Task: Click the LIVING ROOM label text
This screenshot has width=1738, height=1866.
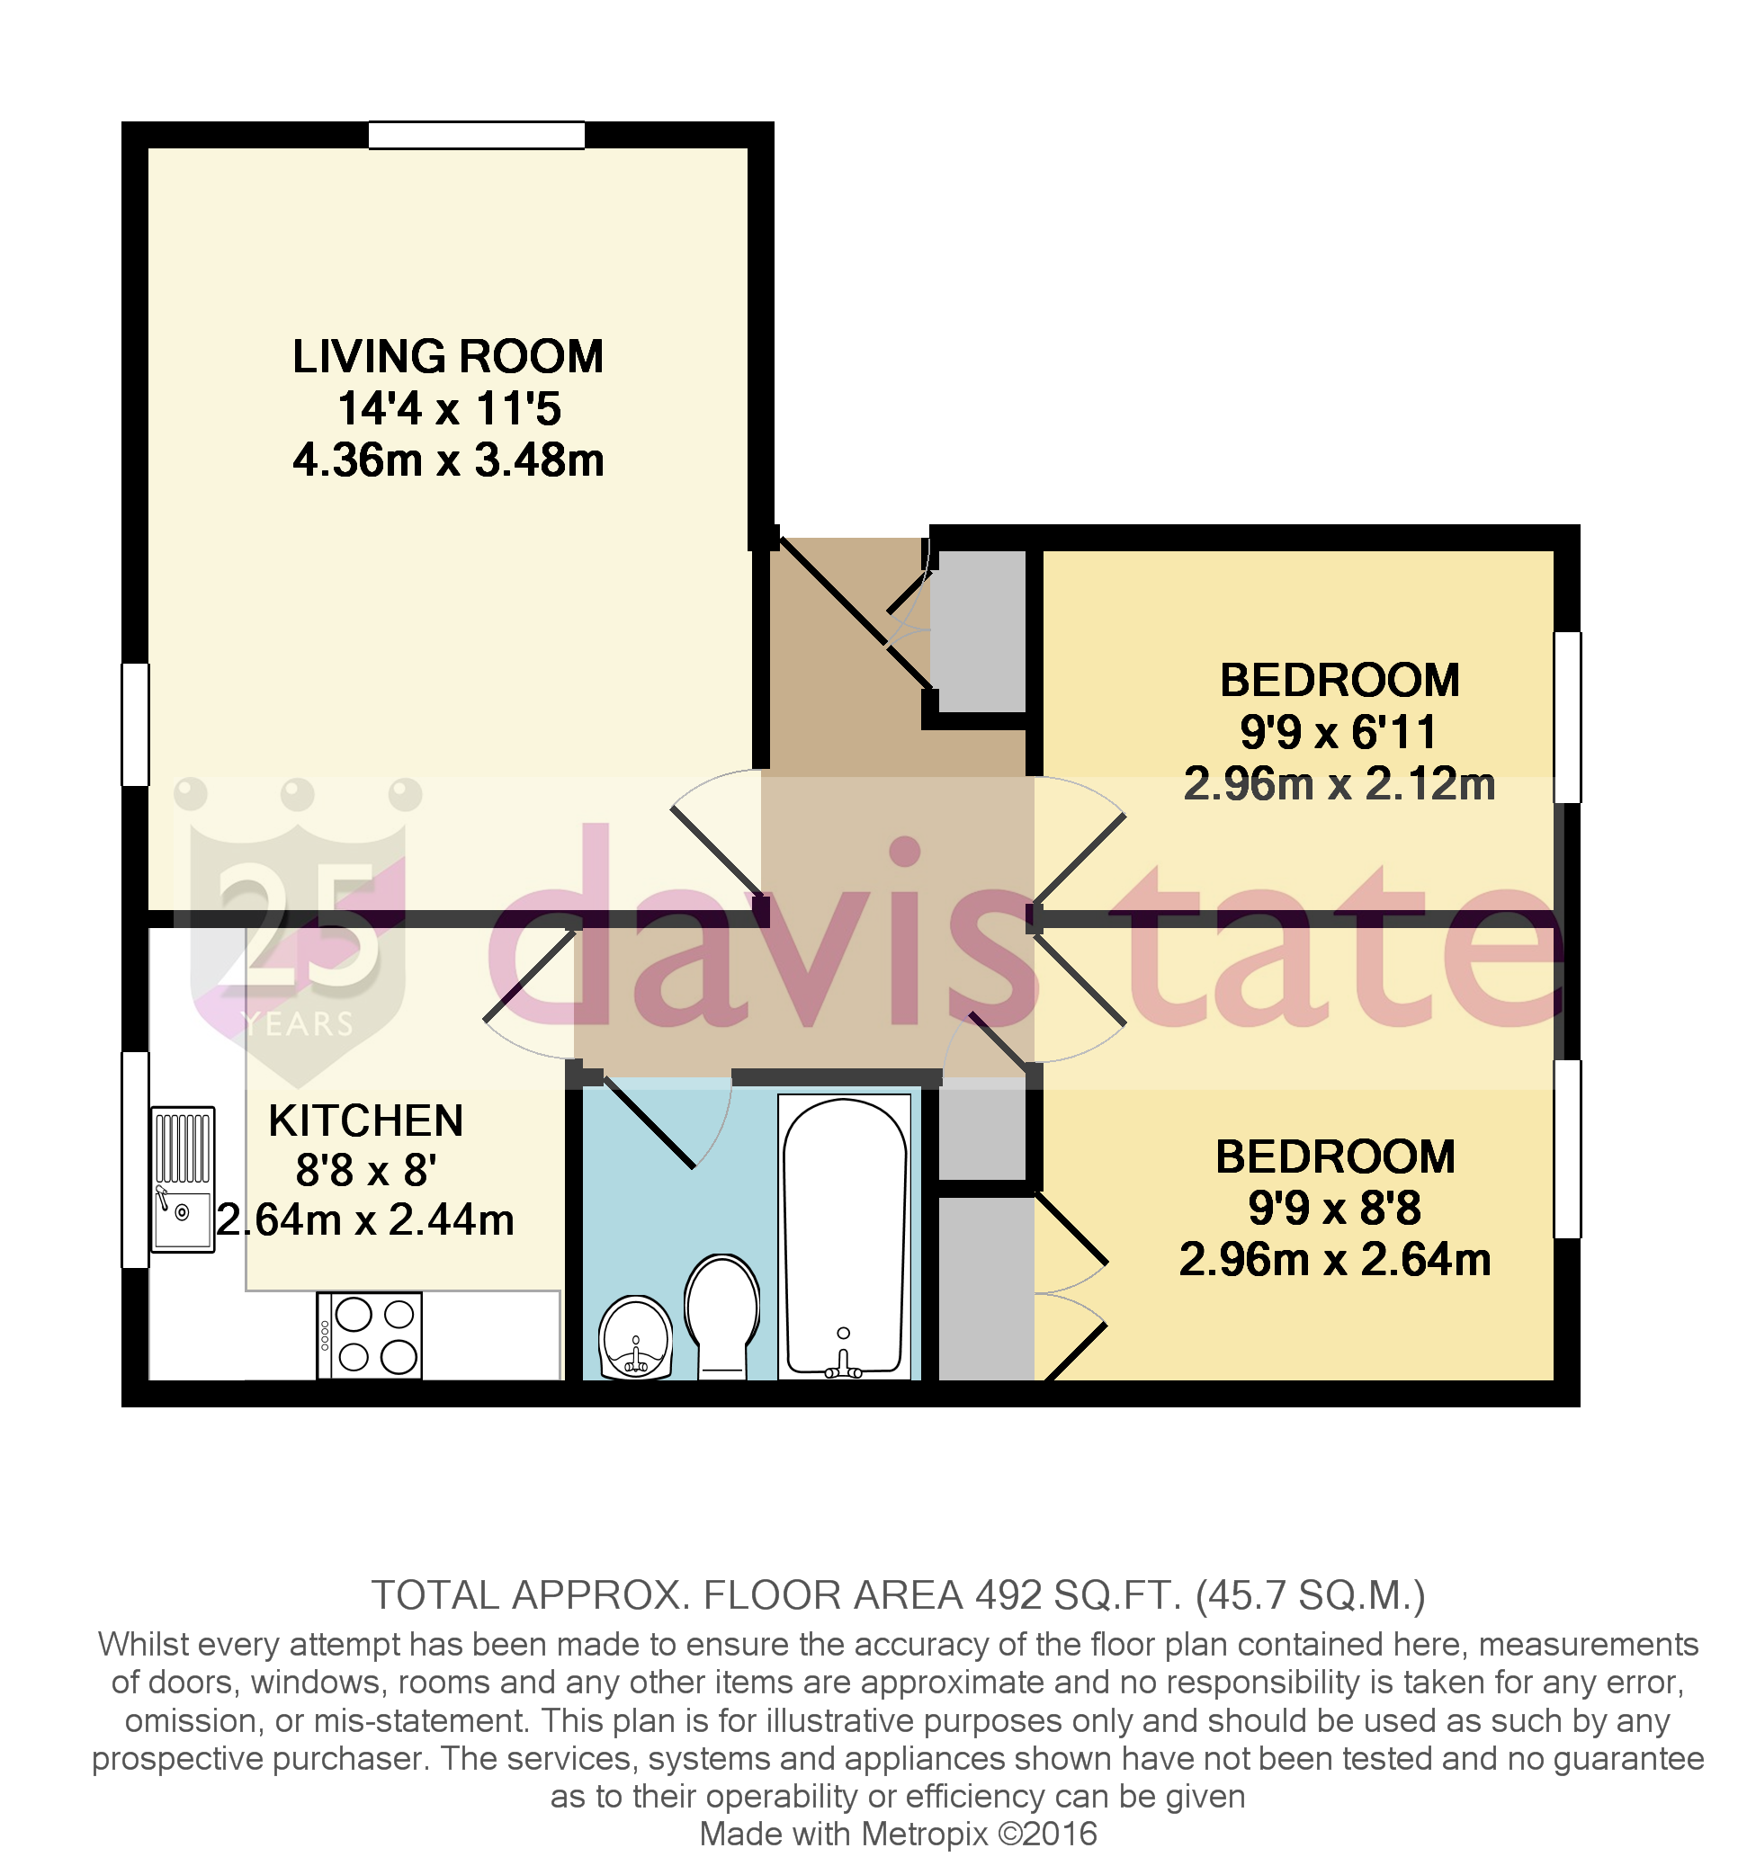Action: tap(447, 357)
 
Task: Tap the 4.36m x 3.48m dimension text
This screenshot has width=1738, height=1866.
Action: tap(447, 460)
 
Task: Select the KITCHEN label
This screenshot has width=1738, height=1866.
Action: tap(365, 1120)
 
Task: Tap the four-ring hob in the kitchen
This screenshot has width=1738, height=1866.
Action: tap(369, 1335)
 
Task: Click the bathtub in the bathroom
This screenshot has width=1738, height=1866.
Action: tap(843, 1235)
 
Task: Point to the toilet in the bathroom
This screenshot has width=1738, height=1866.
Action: tap(721, 1314)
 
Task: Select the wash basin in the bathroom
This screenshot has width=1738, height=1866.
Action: tap(636, 1338)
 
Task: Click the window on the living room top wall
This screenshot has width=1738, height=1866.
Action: tap(476, 135)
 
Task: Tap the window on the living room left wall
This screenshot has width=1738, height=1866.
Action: tap(135, 724)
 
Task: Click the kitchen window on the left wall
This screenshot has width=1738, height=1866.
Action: tap(135, 1159)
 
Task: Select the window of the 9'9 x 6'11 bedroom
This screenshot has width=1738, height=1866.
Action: tap(1566, 717)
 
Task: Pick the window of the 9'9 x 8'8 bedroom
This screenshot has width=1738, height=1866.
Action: tap(1566, 1149)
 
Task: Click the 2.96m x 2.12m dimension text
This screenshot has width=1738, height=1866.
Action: tap(1338, 785)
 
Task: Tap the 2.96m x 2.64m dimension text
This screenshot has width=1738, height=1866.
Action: tap(1334, 1261)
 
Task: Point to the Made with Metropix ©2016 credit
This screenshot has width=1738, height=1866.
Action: tap(897, 1833)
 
